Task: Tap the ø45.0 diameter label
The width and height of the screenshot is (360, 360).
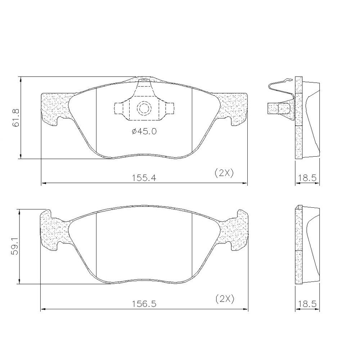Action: click(144, 131)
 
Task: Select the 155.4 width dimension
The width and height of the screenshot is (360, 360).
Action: click(144, 178)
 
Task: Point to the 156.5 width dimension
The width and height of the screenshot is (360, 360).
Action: click(144, 304)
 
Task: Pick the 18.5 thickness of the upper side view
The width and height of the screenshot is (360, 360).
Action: click(307, 178)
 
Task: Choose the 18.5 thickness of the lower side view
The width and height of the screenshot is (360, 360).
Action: click(307, 304)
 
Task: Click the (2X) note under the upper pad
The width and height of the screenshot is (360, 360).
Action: click(224, 173)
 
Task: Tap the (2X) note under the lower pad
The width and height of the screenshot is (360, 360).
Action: click(225, 299)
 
